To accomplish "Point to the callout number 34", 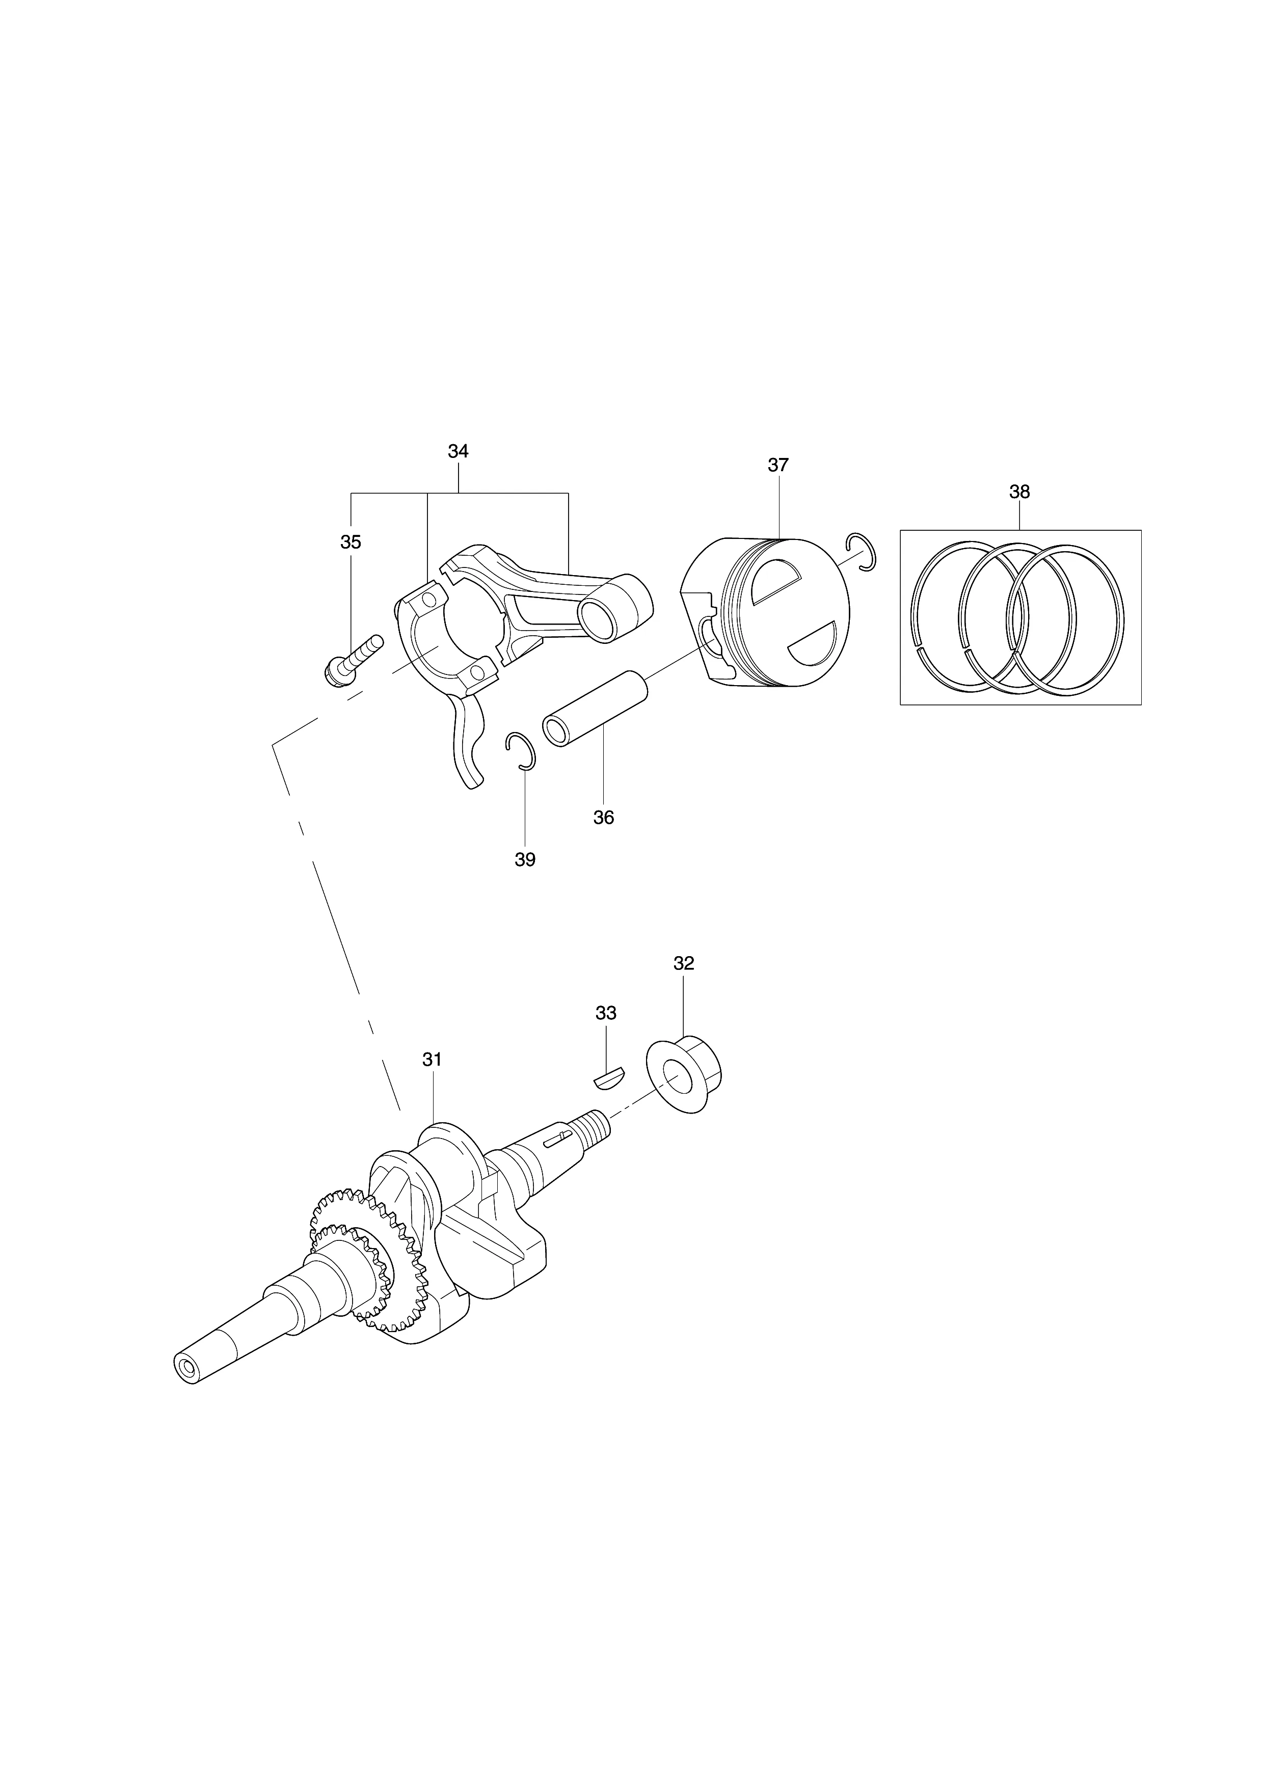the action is click(x=459, y=451).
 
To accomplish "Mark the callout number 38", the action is click(x=1019, y=492).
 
